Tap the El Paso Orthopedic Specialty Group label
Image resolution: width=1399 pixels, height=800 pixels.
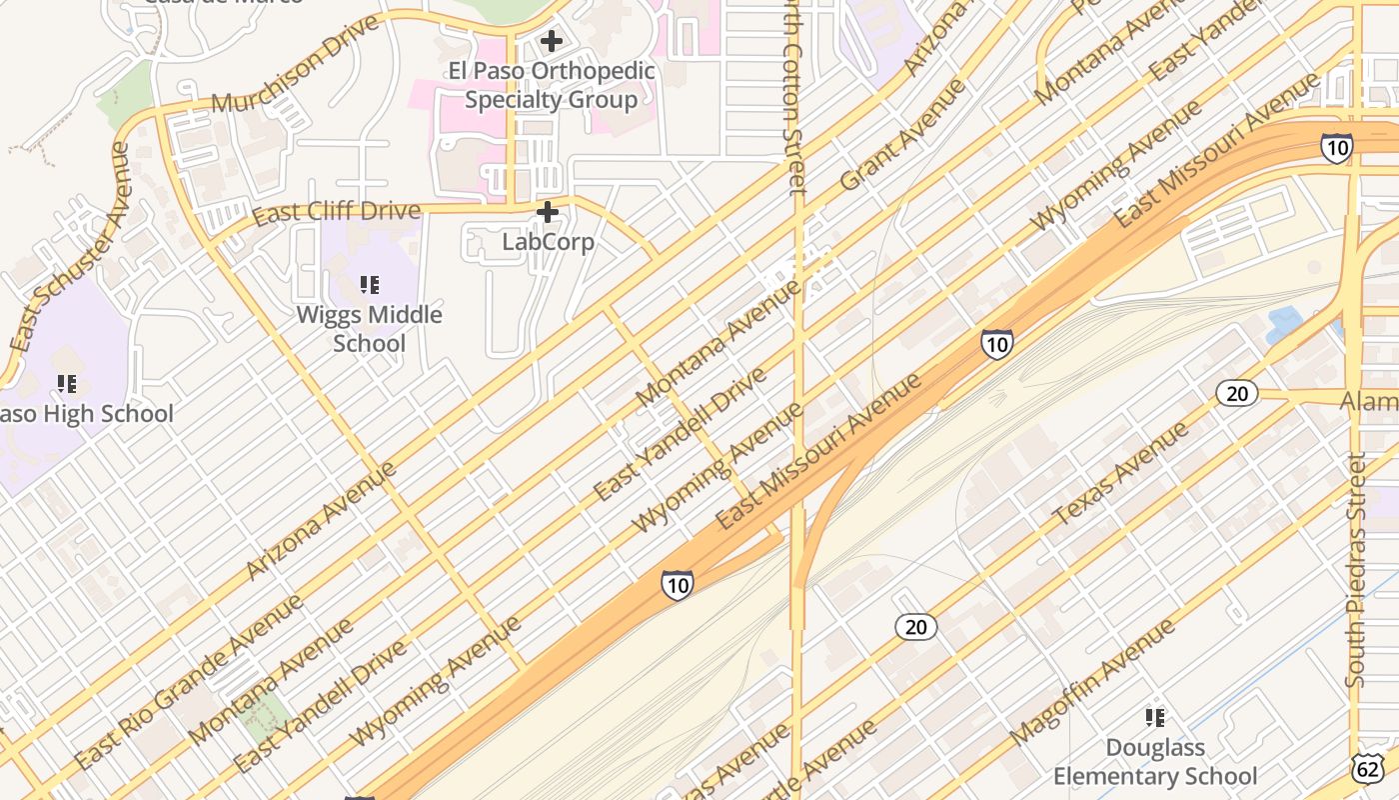click(x=551, y=85)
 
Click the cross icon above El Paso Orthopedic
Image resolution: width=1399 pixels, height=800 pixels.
click(x=550, y=41)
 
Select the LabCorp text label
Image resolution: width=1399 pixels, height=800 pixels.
click(x=548, y=242)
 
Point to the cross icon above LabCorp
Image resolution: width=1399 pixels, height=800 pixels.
click(x=548, y=212)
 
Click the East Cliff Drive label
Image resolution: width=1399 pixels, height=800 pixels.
click(x=336, y=213)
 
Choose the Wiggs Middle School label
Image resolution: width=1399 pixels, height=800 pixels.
click(x=370, y=329)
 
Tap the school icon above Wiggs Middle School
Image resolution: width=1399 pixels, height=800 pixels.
click(x=370, y=286)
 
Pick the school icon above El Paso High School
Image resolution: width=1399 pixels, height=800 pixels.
click(x=67, y=383)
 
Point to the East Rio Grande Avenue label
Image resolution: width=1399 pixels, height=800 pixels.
click(x=189, y=682)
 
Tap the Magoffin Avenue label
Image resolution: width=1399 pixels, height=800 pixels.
click(x=1093, y=681)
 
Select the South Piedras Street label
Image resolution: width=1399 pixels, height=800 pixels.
click(x=1355, y=570)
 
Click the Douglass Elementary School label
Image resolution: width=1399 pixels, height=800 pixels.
click(x=1155, y=761)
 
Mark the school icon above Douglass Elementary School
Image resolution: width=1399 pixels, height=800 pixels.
click(x=1155, y=717)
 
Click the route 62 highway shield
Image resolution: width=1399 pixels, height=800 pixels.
click(x=1366, y=767)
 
